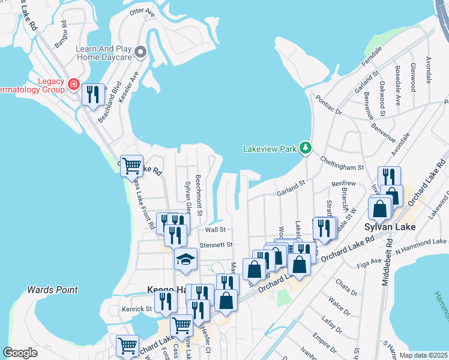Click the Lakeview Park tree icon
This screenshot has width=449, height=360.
pos(306,148)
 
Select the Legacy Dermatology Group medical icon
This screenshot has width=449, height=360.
pos(74,84)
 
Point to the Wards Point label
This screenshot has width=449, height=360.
pos(52,290)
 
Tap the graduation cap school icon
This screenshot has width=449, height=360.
pos(186,259)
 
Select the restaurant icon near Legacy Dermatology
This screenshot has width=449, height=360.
pos(93,95)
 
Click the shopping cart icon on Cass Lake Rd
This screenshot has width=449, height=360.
pos(131,165)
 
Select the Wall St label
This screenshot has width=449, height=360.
pos(215,229)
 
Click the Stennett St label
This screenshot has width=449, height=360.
pos(215,245)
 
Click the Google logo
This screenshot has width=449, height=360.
pos(20,353)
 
